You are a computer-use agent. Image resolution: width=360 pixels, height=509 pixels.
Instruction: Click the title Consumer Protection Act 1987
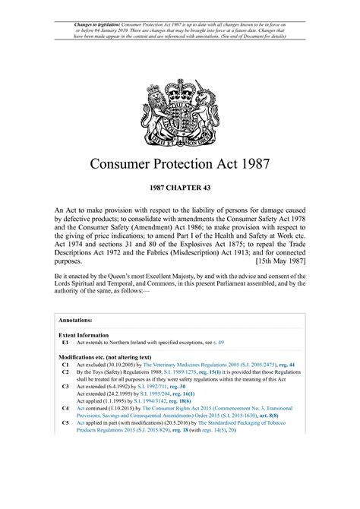tap(179, 163)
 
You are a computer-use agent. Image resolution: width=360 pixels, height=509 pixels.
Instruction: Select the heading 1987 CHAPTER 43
tap(179, 186)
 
